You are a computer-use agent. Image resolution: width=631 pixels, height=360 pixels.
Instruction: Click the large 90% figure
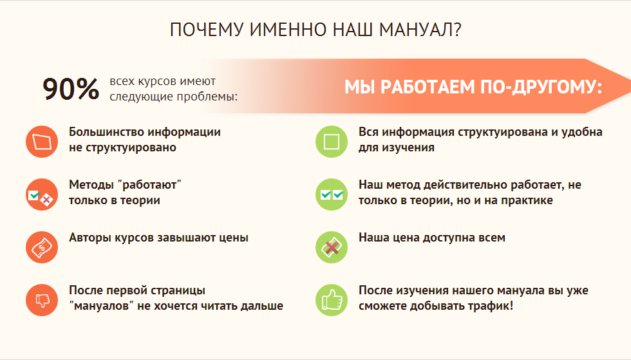click(71, 89)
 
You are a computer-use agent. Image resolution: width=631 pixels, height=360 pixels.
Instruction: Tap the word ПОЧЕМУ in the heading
click(207, 30)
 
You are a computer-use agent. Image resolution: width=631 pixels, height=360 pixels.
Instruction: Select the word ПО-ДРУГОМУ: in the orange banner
click(542, 87)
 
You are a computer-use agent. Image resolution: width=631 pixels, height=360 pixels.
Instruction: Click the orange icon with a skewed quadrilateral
click(42, 142)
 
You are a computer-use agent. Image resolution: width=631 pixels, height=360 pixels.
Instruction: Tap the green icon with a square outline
click(332, 142)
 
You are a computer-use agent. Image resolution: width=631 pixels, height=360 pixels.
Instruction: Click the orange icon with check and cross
click(42, 194)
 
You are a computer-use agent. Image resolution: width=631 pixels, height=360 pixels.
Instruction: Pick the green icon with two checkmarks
click(332, 194)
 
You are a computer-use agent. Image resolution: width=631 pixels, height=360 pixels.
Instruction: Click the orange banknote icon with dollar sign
click(42, 247)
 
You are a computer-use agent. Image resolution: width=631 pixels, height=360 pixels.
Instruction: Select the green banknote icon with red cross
click(332, 247)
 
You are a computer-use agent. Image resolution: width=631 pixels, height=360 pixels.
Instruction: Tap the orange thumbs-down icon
click(42, 300)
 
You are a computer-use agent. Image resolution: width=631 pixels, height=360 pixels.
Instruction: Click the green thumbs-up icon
click(332, 300)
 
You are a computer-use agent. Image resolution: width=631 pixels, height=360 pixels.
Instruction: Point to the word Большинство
click(106, 132)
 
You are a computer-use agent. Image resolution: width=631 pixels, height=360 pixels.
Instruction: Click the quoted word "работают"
click(150, 185)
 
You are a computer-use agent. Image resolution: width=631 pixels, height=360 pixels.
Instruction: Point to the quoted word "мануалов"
click(102, 306)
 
